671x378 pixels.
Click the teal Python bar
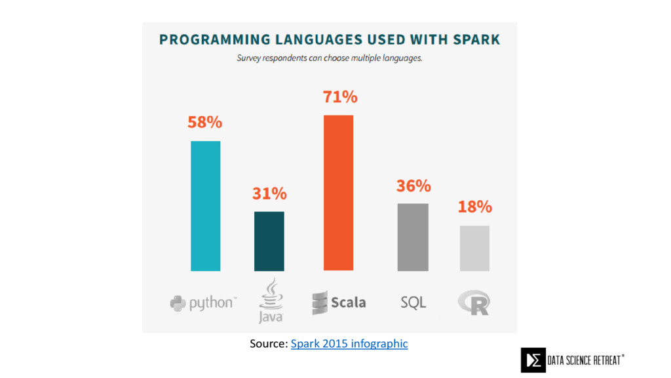click(205, 205)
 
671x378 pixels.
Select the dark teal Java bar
click(269, 241)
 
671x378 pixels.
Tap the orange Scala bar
click(338, 192)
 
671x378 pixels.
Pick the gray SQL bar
click(413, 237)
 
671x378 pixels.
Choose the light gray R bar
click(474, 248)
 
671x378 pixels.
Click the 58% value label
click(205, 123)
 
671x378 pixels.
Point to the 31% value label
click(269, 194)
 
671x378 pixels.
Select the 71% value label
click(340, 97)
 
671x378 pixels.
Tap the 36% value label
click(413, 186)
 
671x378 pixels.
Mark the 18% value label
click(474, 207)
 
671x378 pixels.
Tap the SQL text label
click(413, 303)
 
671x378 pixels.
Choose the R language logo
click(474, 303)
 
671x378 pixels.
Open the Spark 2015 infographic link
click(349, 343)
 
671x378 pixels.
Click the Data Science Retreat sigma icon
click(533, 360)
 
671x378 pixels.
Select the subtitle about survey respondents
click(329, 58)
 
